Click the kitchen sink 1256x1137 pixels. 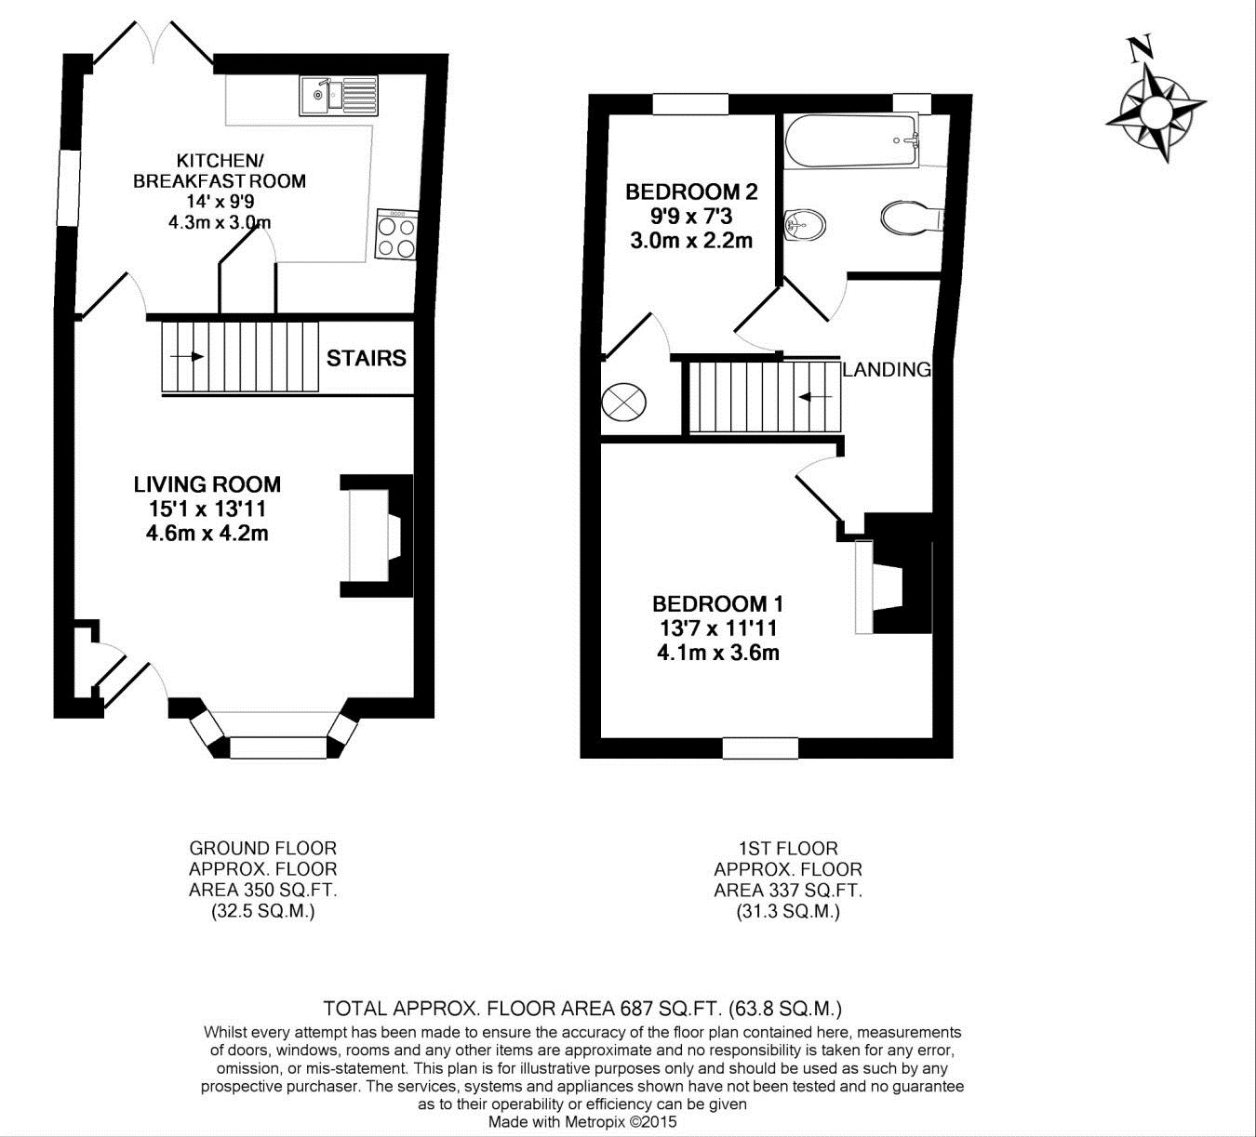pos(339,96)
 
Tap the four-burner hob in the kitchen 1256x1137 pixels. pos(397,234)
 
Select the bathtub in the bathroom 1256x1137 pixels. pos(851,140)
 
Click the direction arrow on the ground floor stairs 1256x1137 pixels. pos(187,357)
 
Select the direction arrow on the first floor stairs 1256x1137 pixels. pos(815,397)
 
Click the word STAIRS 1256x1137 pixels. pos(367,358)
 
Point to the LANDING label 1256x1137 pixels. pos(886,370)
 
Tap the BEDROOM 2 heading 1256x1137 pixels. pos(691,192)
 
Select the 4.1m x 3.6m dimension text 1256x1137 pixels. pos(717,653)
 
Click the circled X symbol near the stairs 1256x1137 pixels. pos(623,401)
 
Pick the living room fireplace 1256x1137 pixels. pos(377,535)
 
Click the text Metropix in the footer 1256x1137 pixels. pos(595,1121)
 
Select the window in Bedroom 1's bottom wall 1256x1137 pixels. pos(761,748)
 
